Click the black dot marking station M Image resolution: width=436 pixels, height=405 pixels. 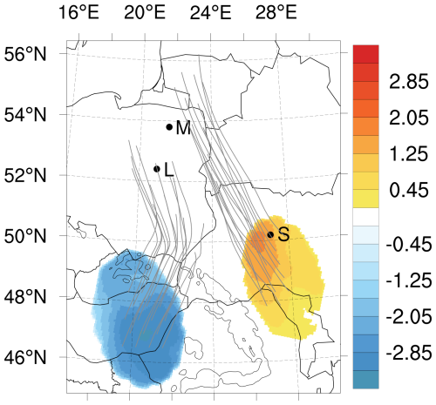pos(169,127)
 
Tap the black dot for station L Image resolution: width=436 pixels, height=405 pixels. pos(157,169)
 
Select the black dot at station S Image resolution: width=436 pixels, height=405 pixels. pos(271,234)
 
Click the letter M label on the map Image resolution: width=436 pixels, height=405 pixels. pos(182,128)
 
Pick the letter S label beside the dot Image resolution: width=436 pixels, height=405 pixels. pos(283,234)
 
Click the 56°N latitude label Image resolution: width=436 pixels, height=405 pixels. pos(27,54)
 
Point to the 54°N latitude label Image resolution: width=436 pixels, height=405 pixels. pos(27,115)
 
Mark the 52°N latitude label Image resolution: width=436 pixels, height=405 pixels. pos(27,175)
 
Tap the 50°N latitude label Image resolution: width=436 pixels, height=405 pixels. pos(27,236)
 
